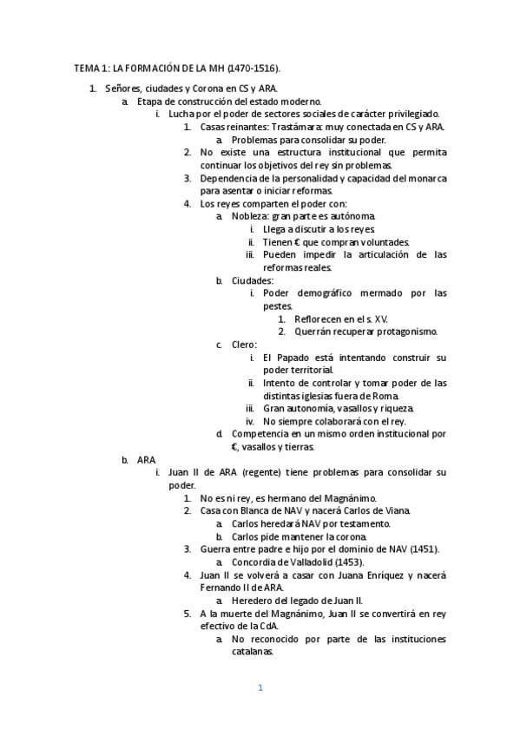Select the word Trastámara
[289, 127]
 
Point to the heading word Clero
[244, 345]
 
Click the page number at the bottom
[260, 688]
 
